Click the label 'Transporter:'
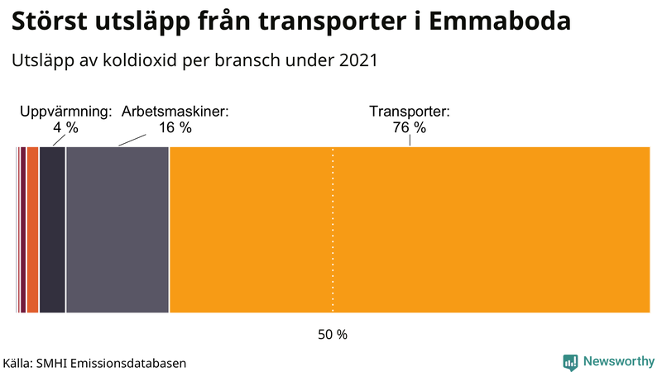(409, 112)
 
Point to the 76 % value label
(409, 127)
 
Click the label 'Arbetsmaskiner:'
(175, 112)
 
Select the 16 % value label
(175, 127)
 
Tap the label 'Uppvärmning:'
(65, 112)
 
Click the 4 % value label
(65, 127)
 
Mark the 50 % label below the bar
(333, 335)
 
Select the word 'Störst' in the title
(48, 22)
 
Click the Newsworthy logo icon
(570, 361)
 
